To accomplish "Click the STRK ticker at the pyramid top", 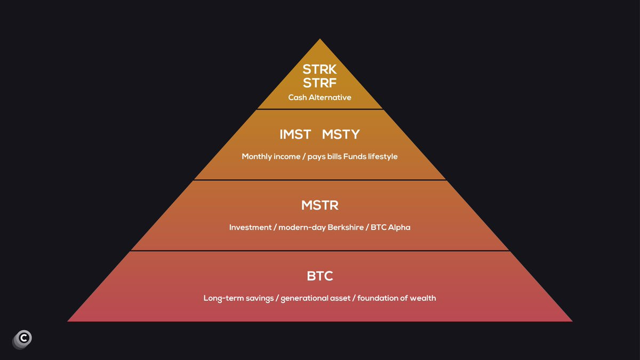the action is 319,69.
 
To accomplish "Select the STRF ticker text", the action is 319,83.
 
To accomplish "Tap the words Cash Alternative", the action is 319,98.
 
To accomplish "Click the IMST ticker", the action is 295,134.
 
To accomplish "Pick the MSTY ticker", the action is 341,134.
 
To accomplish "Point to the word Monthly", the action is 257,157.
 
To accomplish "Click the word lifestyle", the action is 382,157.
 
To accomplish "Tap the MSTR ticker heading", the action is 319,205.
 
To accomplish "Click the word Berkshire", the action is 346,227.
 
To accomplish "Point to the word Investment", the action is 250,227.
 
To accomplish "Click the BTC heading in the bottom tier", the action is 319,276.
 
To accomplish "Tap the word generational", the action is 305,298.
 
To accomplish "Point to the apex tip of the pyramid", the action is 320,39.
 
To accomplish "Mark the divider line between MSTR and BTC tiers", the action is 319,251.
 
